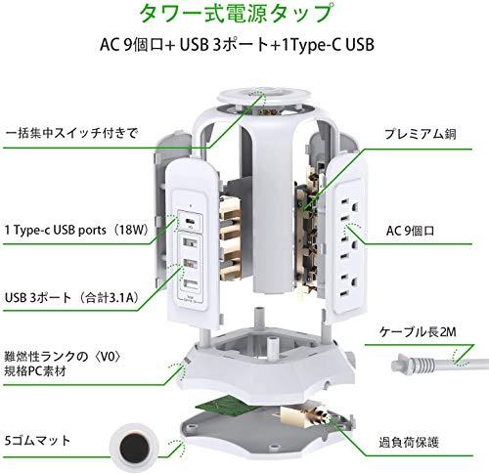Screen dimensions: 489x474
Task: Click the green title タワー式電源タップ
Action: pos(236,13)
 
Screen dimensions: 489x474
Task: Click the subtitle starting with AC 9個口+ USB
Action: pos(237,45)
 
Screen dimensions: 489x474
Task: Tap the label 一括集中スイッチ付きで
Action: pos(71,133)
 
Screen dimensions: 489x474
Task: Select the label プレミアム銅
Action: pos(420,134)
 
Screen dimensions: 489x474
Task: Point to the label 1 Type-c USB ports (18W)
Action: pos(77,230)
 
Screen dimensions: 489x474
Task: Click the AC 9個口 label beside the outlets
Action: pos(410,231)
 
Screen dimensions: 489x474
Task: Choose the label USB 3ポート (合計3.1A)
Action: pos(72,297)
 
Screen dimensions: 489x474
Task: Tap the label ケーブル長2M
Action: pos(418,331)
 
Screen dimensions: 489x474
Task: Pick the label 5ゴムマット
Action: pos(38,440)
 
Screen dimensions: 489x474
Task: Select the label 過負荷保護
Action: pos(409,442)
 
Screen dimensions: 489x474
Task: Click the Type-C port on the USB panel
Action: pos(189,221)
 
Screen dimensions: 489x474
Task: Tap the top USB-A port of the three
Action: pos(189,242)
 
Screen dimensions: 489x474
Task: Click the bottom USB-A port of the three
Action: pos(189,284)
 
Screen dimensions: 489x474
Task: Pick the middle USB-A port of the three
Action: pos(189,264)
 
